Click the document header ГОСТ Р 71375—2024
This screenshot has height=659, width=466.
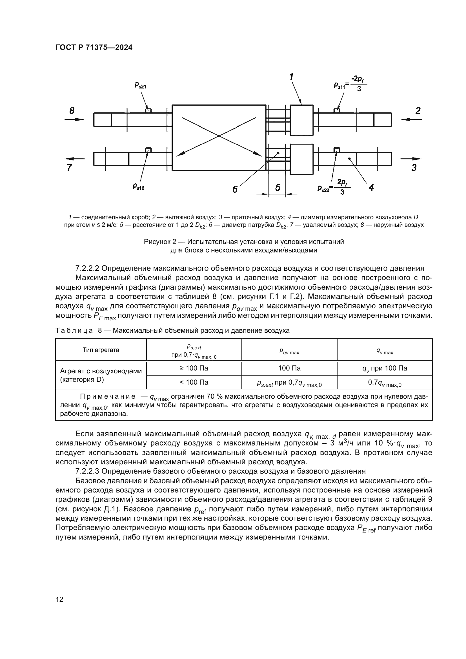click(x=94, y=48)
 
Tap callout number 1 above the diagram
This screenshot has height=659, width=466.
click(x=291, y=77)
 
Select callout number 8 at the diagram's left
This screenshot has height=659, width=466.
click(x=72, y=110)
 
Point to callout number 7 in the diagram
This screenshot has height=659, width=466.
click(x=69, y=168)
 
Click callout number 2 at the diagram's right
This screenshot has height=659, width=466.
click(x=418, y=110)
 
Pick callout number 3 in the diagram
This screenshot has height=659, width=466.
click(x=414, y=168)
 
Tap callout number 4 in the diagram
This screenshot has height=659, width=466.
click(x=371, y=187)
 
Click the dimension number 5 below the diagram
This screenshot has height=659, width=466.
click(x=278, y=187)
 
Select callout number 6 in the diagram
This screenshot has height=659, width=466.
click(x=235, y=189)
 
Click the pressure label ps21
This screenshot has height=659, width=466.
click(x=140, y=85)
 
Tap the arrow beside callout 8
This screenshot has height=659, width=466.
click(x=74, y=119)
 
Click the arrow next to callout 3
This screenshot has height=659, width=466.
click(x=411, y=159)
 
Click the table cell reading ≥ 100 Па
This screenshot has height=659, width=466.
click(x=194, y=368)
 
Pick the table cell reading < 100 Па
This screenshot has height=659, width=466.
click(x=194, y=382)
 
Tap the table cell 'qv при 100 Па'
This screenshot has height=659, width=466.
click(x=385, y=369)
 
